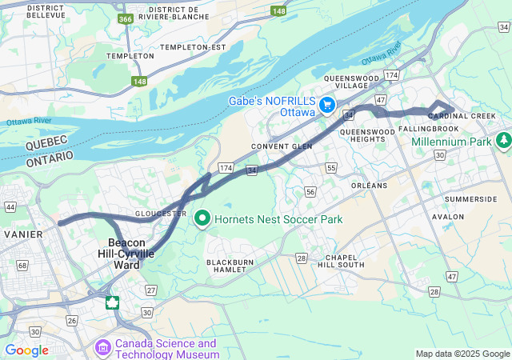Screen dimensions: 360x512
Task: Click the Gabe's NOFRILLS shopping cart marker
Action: [327, 106]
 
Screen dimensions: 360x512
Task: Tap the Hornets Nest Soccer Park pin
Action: [202, 218]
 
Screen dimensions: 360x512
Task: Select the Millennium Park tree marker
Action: [503, 141]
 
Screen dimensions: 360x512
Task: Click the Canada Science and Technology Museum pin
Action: [102, 348]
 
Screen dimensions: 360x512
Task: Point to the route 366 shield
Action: [125, 18]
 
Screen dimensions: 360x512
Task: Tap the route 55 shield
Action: [331, 167]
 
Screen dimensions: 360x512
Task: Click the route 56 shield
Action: [310, 192]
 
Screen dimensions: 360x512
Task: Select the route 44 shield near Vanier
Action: [10, 206]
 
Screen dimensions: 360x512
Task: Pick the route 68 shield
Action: [22, 265]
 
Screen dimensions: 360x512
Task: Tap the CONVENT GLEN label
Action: [281, 146]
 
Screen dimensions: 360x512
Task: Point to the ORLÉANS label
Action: [369, 186]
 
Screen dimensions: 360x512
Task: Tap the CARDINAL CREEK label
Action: [462, 116]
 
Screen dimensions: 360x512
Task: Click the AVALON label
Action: [447, 217]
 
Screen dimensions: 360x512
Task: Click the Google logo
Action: [26, 350]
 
